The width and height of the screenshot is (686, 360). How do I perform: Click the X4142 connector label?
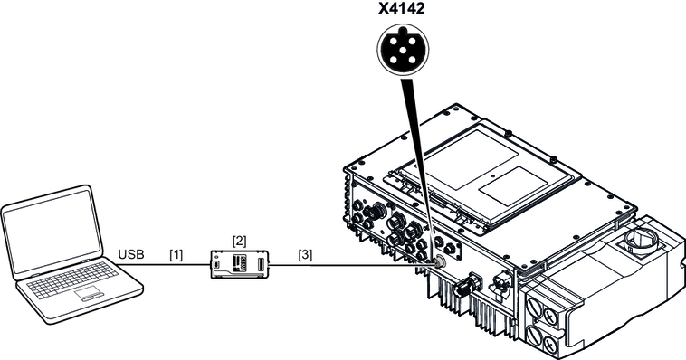point(402,8)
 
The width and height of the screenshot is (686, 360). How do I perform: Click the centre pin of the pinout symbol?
point(404,50)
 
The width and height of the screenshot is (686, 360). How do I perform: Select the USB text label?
point(131,254)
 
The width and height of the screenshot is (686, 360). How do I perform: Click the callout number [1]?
point(176,254)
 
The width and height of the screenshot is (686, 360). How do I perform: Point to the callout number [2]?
point(239,241)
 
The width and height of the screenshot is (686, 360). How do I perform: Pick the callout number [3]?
point(305,254)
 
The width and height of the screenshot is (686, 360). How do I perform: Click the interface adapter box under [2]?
point(239,265)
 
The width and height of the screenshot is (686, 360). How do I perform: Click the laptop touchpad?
point(90,293)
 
